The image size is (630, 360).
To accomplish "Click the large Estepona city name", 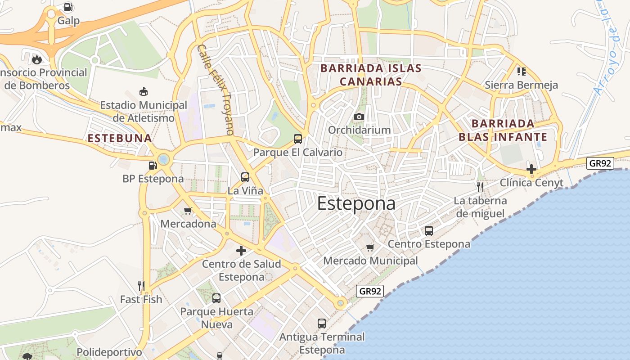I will (x=356, y=203).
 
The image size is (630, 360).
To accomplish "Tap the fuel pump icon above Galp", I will (x=68, y=7).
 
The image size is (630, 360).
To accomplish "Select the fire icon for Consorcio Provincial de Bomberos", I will (x=36, y=59).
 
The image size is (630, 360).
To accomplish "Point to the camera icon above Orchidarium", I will (x=359, y=117).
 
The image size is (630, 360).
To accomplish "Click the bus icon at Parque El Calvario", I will (x=297, y=139).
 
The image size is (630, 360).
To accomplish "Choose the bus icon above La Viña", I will (x=245, y=177).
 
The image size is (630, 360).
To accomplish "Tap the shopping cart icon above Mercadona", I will (x=188, y=211).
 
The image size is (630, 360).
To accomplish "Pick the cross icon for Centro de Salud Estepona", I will (x=241, y=251).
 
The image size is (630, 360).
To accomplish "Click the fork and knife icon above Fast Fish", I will (x=141, y=285).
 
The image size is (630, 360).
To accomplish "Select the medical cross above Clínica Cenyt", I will (x=531, y=169).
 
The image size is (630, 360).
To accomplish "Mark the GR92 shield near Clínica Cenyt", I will (x=600, y=163).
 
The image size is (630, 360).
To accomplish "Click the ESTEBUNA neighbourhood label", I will (x=120, y=138).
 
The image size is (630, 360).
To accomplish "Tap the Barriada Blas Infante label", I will (x=503, y=130).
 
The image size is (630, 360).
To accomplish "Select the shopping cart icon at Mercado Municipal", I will (x=370, y=247).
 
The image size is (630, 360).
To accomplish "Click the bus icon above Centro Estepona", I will (x=429, y=231).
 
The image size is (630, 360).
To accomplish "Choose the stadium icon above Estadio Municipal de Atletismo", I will (x=143, y=91).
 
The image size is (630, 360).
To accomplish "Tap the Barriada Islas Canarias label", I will (x=370, y=75).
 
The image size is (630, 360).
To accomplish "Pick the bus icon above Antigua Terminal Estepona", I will (x=322, y=323).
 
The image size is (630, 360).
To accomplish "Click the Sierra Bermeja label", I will (x=521, y=85).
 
